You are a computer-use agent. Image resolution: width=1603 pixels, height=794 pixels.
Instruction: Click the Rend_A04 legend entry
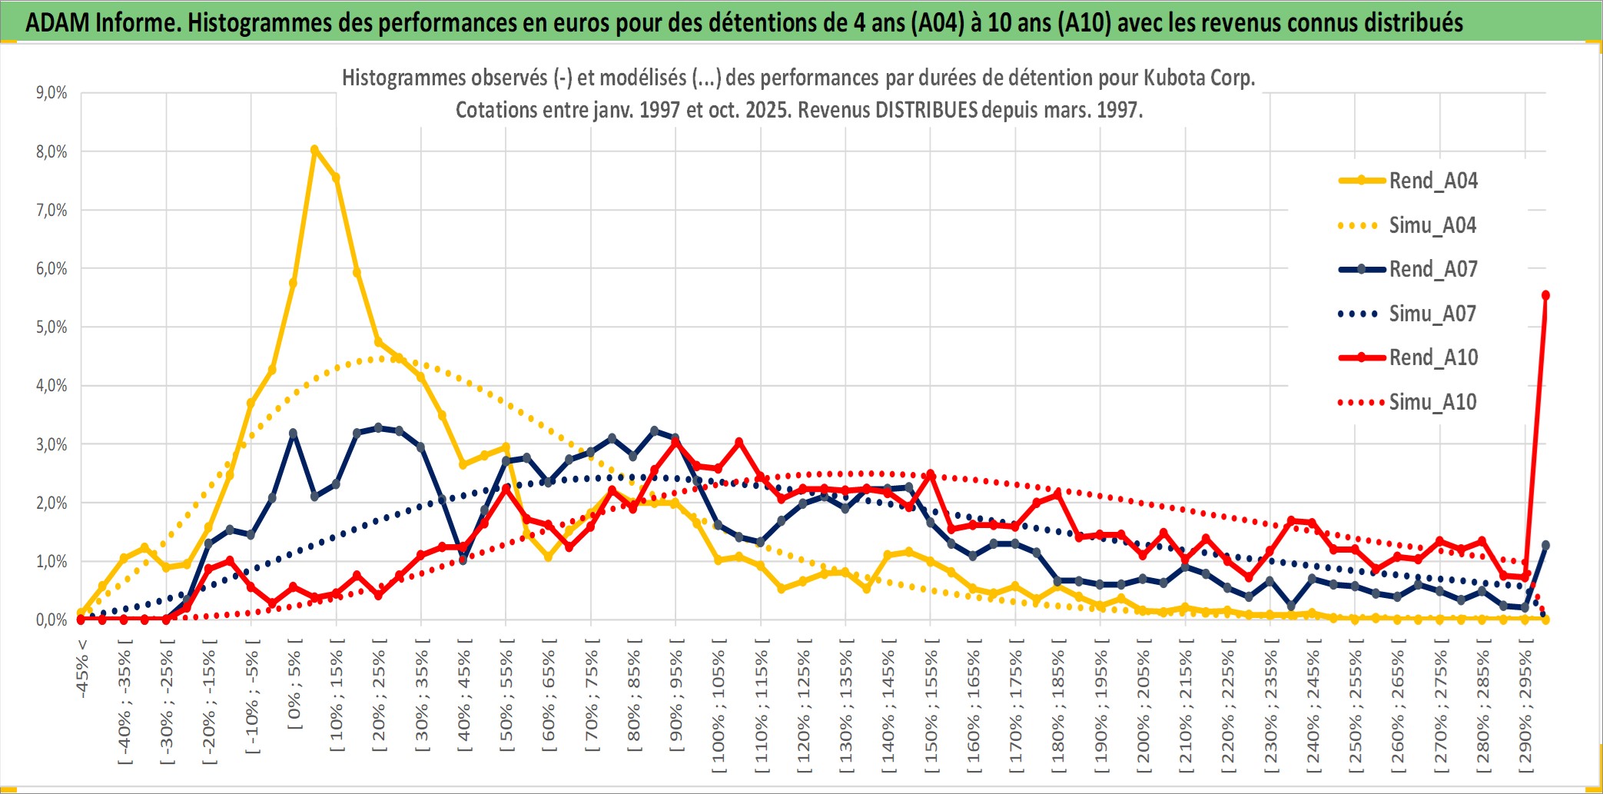pyautogui.click(x=1432, y=181)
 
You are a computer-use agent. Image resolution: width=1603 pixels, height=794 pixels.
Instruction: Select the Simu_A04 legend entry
pyautogui.click(x=1432, y=225)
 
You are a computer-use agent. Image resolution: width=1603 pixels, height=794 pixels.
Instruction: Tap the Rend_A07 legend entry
pyautogui.click(x=1432, y=269)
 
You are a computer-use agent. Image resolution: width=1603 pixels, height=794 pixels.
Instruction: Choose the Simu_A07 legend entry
pyautogui.click(x=1432, y=314)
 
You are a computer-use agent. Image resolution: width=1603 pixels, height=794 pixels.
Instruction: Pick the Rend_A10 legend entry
pyautogui.click(x=1432, y=357)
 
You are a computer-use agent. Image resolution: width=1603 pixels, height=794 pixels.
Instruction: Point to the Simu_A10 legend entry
pyautogui.click(x=1432, y=402)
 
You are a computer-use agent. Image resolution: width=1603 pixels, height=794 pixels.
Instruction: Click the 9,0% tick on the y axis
pyautogui.click(x=51, y=93)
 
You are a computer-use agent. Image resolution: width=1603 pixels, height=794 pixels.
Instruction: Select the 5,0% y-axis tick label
pyautogui.click(x=51, y=327)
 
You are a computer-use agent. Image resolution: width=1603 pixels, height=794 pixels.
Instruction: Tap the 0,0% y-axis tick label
pyautogui.click(x=51, y=620)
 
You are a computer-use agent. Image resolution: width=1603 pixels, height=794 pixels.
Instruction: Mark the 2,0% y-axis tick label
pyautogui.click(x=51, y=503)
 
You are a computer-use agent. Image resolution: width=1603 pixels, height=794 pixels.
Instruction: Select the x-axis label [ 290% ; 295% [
pyautogui.click(x=1526, y=707)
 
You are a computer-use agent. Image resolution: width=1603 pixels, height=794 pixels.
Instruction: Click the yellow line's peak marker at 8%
pyautogui.click(x=314, y=149)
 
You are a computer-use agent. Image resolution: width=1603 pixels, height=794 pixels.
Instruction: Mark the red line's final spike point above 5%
pyautogui.click(x=1545, y=295)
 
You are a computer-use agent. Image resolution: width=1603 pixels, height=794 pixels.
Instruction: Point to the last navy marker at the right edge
pyautogui.click(x=1545, y=545)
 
